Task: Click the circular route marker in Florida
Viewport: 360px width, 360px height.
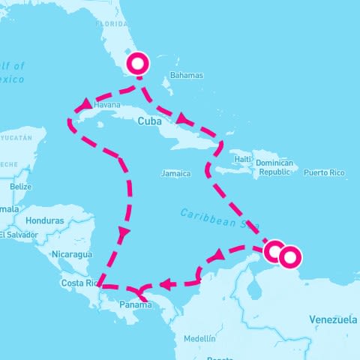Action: (x=138, y=64)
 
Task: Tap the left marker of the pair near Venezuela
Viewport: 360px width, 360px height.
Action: (x=274, y=250)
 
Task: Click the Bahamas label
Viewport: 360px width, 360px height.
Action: (x=187, y=76)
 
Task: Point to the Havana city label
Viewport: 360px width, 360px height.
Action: (x=107, y=106)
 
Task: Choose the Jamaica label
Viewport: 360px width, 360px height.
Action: (x=175, y=173)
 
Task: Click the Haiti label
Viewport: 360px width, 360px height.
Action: (x=242, y=159)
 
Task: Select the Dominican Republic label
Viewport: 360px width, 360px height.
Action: (x=274, y=167)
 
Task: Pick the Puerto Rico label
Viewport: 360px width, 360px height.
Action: (x=324, y=172)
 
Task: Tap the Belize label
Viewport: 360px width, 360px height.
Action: (x=21, y=186)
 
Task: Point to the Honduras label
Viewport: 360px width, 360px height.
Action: (x=44, y=221)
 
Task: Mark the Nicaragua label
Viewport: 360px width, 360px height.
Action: (x=71, y=254)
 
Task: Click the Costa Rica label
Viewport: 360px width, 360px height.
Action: (x=79, y=283)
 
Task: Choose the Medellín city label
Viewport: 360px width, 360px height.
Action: (x=199, y=338)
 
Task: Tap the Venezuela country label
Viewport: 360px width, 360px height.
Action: (x=333, y=319)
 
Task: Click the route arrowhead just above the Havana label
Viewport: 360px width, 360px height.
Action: (x=85, y=104)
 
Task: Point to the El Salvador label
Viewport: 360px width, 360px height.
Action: (x=18, y=235)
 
